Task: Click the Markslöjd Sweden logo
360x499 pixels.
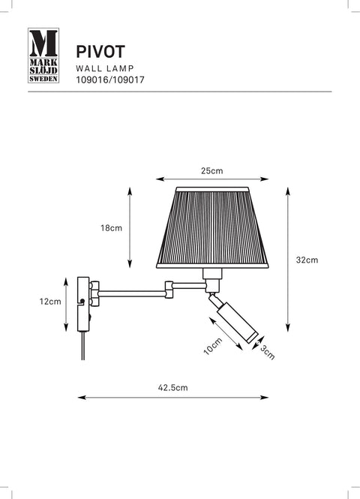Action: coord(43,56)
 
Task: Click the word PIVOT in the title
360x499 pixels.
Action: coord(100,52)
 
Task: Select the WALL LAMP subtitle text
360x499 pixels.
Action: coord(105,68)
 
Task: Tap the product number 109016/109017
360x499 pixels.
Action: coord(110,80)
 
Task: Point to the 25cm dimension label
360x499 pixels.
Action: coord(211,171)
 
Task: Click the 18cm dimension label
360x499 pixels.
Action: coord(111,228)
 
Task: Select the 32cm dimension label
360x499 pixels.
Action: coord(307,260)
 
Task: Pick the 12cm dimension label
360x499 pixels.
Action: coord(50,302)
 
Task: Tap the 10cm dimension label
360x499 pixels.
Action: coord(213,346)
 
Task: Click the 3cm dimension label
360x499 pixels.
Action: coord(268,352)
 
